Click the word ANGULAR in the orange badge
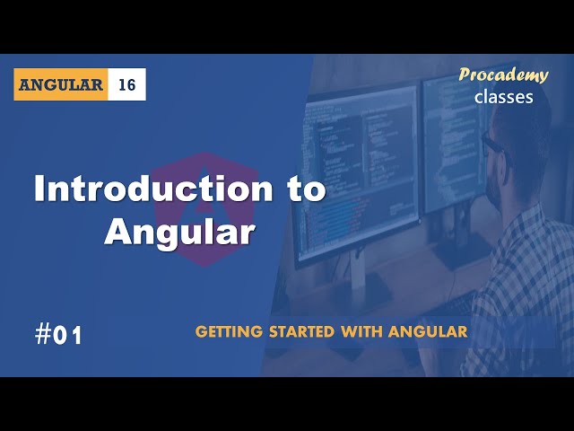tap(61, 84)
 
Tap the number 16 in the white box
tap(127, 85)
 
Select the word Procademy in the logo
tap(503, 75)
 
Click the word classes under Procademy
tap(504, 97)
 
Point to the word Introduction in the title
tap(153, 189)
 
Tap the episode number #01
tap(58, 335)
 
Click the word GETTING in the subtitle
tap(229, 331)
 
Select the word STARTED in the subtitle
tap(302, 331)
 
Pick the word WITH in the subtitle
tap(361, 331)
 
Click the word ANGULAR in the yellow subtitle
tap(428, 331)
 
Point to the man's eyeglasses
tap(496, 148)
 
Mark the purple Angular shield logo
tap(205, 209)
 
